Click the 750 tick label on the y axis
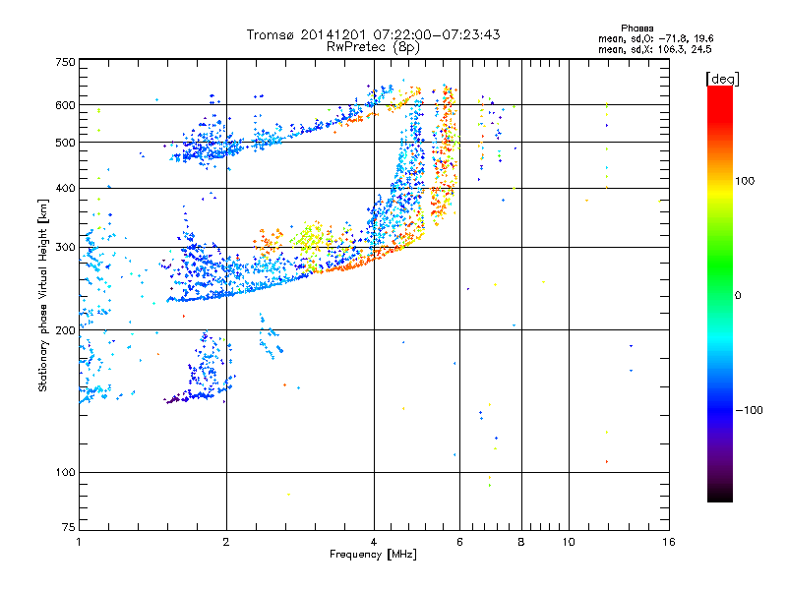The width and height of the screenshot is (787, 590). (x=66, y=61)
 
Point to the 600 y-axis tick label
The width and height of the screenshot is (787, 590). (x=66, y=105)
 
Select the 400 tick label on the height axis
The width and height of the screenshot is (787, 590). (x=66, y=189)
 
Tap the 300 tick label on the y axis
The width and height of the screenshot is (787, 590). (x=66, y=248)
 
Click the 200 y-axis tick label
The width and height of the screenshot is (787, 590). (x=66, y=330)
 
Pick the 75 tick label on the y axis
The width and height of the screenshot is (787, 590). (x=68, y=530)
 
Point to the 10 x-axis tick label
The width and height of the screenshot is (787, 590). (x=568, y=542)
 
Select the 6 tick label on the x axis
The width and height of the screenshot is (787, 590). (x=459, y=542)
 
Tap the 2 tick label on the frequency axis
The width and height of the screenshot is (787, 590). (x=226, y=542)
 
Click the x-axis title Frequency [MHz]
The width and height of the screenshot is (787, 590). (x=373, y=555)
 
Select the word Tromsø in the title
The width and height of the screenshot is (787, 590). (x=271, y=34)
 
